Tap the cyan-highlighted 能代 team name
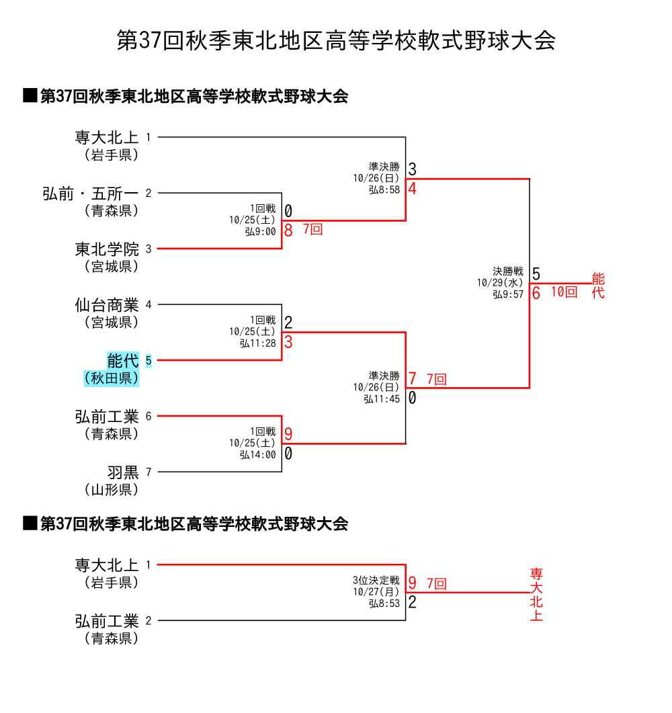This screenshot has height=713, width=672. (x=122, y=361)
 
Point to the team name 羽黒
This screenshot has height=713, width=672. (x=122, y=472)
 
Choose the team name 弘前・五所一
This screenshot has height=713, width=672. (x=90, y=194)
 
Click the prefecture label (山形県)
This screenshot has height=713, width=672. (x=112, y=489)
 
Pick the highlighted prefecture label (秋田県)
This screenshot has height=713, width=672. (x=112, y=378)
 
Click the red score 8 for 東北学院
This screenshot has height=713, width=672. (x=288, y=230)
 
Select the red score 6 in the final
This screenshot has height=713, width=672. (x=536, y=294)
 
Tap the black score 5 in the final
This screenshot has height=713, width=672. (x=536, y=274)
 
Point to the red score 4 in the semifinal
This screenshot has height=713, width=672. (x=412, y=189)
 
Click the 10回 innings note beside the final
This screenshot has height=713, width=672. (x=564, y=292)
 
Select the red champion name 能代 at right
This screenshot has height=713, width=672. (x=598, y=286)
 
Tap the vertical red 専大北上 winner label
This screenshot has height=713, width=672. (x=536, y=595)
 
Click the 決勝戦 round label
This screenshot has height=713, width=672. (x=507, y=271)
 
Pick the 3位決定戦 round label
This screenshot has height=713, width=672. (x=376, y=580)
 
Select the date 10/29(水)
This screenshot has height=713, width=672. (x=500, y=283)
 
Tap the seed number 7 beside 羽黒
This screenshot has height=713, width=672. (x=149, y=472)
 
